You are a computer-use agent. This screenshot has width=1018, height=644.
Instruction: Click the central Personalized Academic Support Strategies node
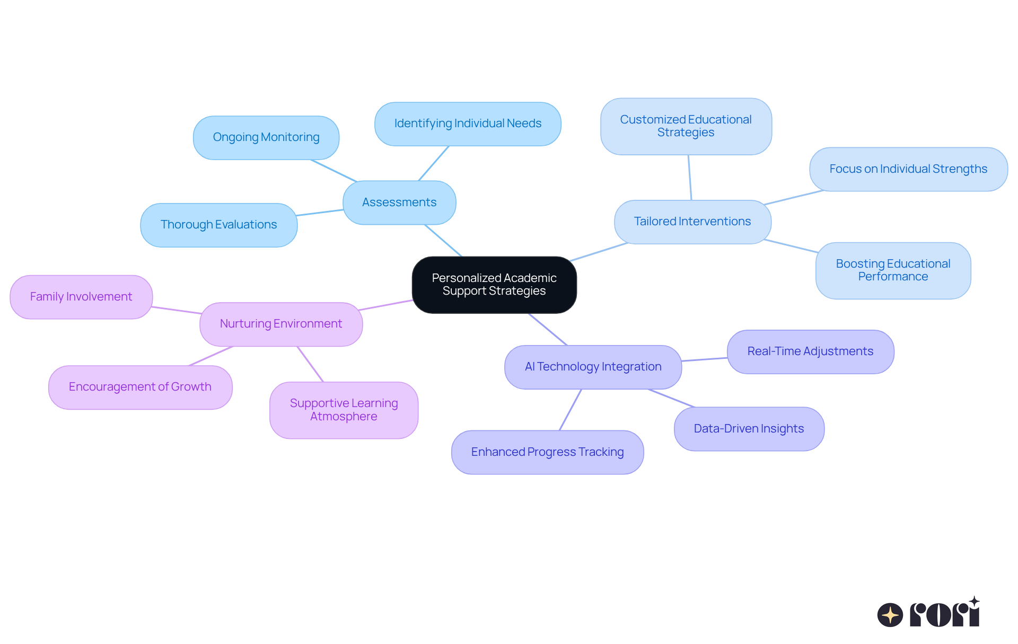[x=494, y=285]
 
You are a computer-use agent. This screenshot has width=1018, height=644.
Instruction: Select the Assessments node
[x=399, y=202]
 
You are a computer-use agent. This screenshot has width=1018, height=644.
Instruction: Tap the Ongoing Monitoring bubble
[x=266, y=137]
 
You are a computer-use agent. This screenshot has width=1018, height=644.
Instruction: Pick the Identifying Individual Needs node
[x=468, y=123]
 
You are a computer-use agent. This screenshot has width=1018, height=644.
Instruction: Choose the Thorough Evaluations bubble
[x=218, y=225]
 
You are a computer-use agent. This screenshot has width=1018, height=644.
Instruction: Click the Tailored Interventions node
[x=692, y=222]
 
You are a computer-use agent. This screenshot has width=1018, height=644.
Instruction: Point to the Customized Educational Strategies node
[x=686, y=126]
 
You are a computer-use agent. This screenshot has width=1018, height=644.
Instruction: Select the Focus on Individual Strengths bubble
[x=908, y=169]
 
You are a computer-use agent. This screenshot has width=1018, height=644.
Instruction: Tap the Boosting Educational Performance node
[x=893, y=270]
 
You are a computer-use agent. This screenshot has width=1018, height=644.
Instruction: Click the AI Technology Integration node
[x=593, y=367]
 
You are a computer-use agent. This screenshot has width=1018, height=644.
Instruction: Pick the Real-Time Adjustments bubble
[x=810, y=351]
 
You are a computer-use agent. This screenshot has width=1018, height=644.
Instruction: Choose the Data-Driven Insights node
[x=749, y=429]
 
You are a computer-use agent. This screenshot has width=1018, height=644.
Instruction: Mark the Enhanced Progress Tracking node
[x=547, y=452]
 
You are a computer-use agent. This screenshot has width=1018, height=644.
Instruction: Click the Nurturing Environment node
[x=281, y=324]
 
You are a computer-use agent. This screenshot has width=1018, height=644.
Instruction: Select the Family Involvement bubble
[x=81, y=297]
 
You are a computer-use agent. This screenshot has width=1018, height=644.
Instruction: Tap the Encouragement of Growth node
[x=140, y=387]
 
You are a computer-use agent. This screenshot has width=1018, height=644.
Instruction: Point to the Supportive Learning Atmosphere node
[x=344, y=410]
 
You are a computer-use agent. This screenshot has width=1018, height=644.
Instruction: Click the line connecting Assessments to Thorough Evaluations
[x=320, y=213]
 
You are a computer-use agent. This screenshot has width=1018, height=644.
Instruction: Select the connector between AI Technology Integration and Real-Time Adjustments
[x=704, y=359]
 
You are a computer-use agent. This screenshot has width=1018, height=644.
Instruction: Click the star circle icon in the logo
[x=890, y=615]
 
